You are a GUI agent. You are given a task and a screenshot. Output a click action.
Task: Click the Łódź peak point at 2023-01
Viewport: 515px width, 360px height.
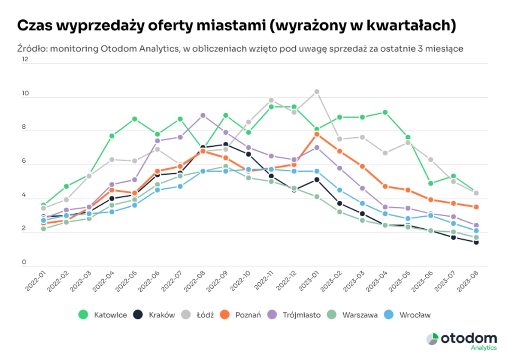coord(317,92)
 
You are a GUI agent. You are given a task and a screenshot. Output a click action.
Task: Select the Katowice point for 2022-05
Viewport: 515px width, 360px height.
coord(135,119)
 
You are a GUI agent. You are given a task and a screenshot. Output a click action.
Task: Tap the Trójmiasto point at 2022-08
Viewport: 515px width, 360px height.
coord(203,115)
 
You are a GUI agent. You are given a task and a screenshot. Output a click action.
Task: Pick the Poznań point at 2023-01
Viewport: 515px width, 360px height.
coord(317,134)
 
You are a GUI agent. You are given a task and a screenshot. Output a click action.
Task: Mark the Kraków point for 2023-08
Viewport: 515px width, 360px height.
coord(476,242)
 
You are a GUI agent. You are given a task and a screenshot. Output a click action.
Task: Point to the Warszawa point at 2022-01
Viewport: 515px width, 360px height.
coord(44,229)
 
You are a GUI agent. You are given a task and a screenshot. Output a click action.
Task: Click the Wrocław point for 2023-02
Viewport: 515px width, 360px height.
coord(339,190)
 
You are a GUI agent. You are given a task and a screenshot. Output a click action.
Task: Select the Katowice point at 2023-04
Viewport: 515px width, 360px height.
coord(385,112)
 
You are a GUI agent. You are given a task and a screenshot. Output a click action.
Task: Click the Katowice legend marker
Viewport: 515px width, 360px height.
coord(83,315)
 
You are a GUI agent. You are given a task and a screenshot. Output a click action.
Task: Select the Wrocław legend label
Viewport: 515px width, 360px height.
coord(415,315)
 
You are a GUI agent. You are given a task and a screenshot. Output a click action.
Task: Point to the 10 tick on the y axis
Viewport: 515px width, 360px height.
coord(25,93)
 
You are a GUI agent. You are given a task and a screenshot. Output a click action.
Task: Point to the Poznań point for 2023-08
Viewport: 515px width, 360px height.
coord(476,207)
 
